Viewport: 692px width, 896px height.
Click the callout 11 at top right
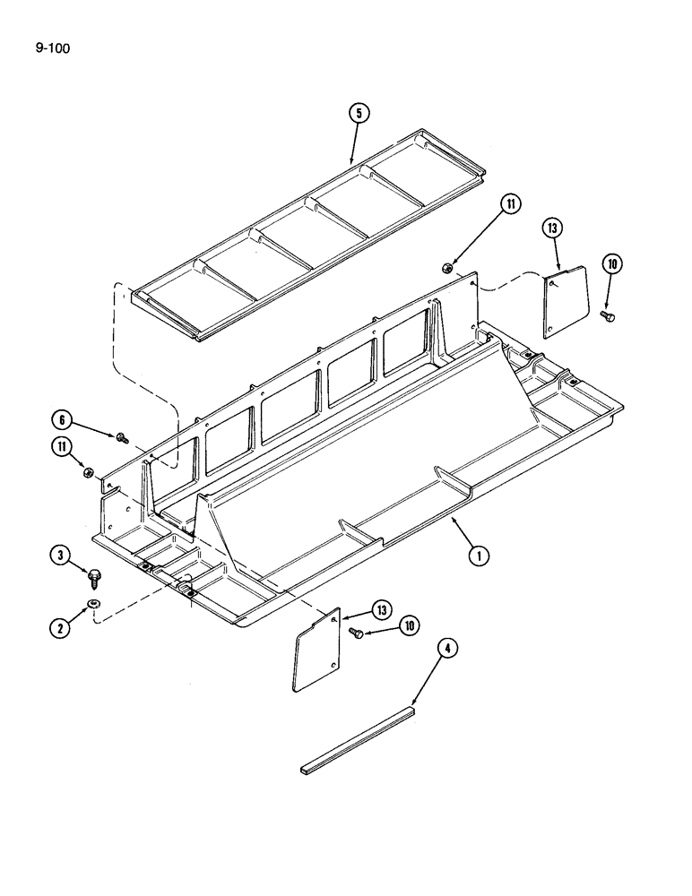click(x=509, y=204)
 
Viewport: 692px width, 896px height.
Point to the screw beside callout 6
click(x=121, y=436)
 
